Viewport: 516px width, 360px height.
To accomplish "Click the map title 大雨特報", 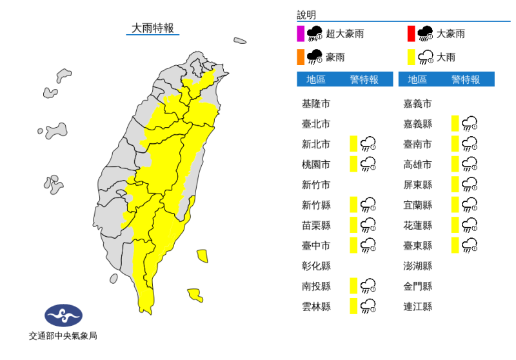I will pos(152,28).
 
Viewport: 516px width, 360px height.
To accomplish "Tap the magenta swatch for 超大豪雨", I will pos(301,34).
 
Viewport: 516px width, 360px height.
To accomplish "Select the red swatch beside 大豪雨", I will pos(411,34).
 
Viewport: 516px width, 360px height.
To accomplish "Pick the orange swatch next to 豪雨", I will pos(301,57).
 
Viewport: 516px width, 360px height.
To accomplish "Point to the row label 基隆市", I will pos(316,103).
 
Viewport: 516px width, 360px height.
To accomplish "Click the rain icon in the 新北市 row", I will pos(368,144).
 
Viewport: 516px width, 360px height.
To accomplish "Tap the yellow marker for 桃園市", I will pos(353,164).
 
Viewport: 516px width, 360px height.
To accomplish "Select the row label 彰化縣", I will pos(316,266).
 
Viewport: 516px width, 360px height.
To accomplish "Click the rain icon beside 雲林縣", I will pos(368,306).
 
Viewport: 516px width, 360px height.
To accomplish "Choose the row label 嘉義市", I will pos(417,103).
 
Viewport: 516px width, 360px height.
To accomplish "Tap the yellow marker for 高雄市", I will pos(455,164).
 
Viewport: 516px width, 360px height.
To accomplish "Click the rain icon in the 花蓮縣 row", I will pos(470,225).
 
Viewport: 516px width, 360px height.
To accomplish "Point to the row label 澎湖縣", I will pos(417,266).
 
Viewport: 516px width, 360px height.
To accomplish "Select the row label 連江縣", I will pos(417,306).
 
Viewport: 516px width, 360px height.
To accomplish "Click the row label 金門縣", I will pos(417,286).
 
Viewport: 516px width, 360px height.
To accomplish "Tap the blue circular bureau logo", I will pos(63,315).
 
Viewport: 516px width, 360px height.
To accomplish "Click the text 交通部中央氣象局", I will pos(63,336).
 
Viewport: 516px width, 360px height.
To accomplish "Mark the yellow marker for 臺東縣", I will pos(455,245).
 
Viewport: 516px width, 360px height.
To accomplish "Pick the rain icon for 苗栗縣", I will pos(368,225).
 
